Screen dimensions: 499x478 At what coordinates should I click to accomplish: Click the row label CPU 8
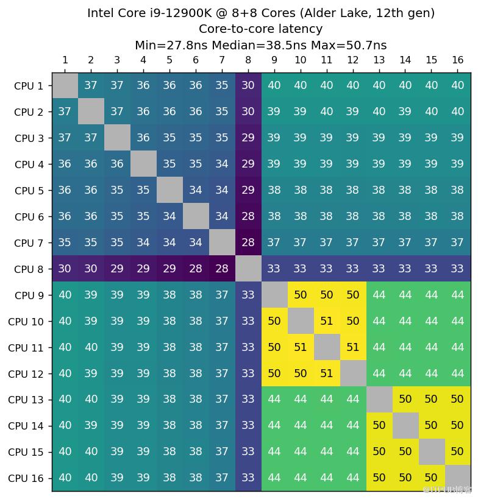[x=29, y=269]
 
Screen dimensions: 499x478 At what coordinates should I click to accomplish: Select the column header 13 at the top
[x=379, y=60]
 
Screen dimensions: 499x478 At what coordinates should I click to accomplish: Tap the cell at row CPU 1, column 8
[x=248, y=86]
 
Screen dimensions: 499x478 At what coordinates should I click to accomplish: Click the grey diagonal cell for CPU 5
[x=169, y=191]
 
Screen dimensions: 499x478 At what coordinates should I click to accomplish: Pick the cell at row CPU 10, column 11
[x=326, y=321]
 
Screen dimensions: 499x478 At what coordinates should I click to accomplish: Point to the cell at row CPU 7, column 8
[x=248, y=243]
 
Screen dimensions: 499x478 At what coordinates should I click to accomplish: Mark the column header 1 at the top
[x=65, y=60]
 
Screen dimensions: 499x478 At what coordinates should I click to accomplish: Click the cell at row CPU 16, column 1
[x=65, y=478]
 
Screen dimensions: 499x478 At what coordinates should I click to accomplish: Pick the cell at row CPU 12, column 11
[x=326, y=373]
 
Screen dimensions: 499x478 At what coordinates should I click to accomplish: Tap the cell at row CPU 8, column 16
[x=457, y=269]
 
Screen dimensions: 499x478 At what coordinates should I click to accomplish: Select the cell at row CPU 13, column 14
[x=405, y=400]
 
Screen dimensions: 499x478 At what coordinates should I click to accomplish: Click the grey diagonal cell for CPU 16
[x=457, y=478]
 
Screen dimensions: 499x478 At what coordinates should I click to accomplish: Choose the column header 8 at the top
[x=248, y=60]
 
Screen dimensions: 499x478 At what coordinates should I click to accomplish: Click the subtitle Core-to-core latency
[x=260, y=29]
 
